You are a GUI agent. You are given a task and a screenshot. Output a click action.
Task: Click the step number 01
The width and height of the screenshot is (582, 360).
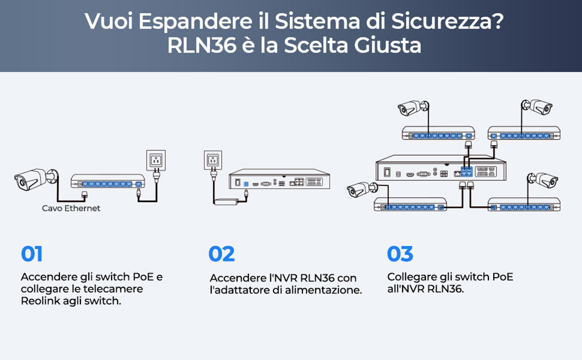(x=32, y=254)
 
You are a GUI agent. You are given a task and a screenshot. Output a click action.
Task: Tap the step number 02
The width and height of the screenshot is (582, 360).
(x=222, y=254)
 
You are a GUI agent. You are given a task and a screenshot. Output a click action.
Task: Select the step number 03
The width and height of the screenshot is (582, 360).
(x=400, y=254)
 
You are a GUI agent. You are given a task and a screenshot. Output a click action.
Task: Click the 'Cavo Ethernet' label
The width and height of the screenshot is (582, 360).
(x=71, y=209)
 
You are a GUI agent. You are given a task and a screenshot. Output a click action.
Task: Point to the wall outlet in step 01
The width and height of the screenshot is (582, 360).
(x=156, y=160)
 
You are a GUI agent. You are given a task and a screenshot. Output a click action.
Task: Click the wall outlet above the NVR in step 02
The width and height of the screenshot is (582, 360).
(x=213, y=160)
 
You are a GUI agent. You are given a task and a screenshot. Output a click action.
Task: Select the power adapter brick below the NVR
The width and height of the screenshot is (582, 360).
(x=226, y=202)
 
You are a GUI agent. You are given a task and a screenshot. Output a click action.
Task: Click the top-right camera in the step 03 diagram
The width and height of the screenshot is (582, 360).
(x=536, y=106)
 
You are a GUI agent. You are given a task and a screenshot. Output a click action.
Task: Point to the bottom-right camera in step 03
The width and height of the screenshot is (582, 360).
(x=542, y=181)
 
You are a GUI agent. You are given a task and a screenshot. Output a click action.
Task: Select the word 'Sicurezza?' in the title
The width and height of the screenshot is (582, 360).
(x=448, y=21)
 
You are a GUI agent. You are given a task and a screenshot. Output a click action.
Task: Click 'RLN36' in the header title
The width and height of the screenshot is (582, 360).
(x=202, y=46)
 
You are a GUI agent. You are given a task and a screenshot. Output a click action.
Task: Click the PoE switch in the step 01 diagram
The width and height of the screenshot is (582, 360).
(x=107, y=181)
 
